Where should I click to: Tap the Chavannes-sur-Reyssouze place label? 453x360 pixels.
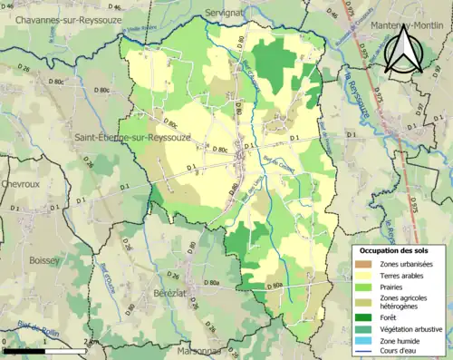[x=57, y=21]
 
